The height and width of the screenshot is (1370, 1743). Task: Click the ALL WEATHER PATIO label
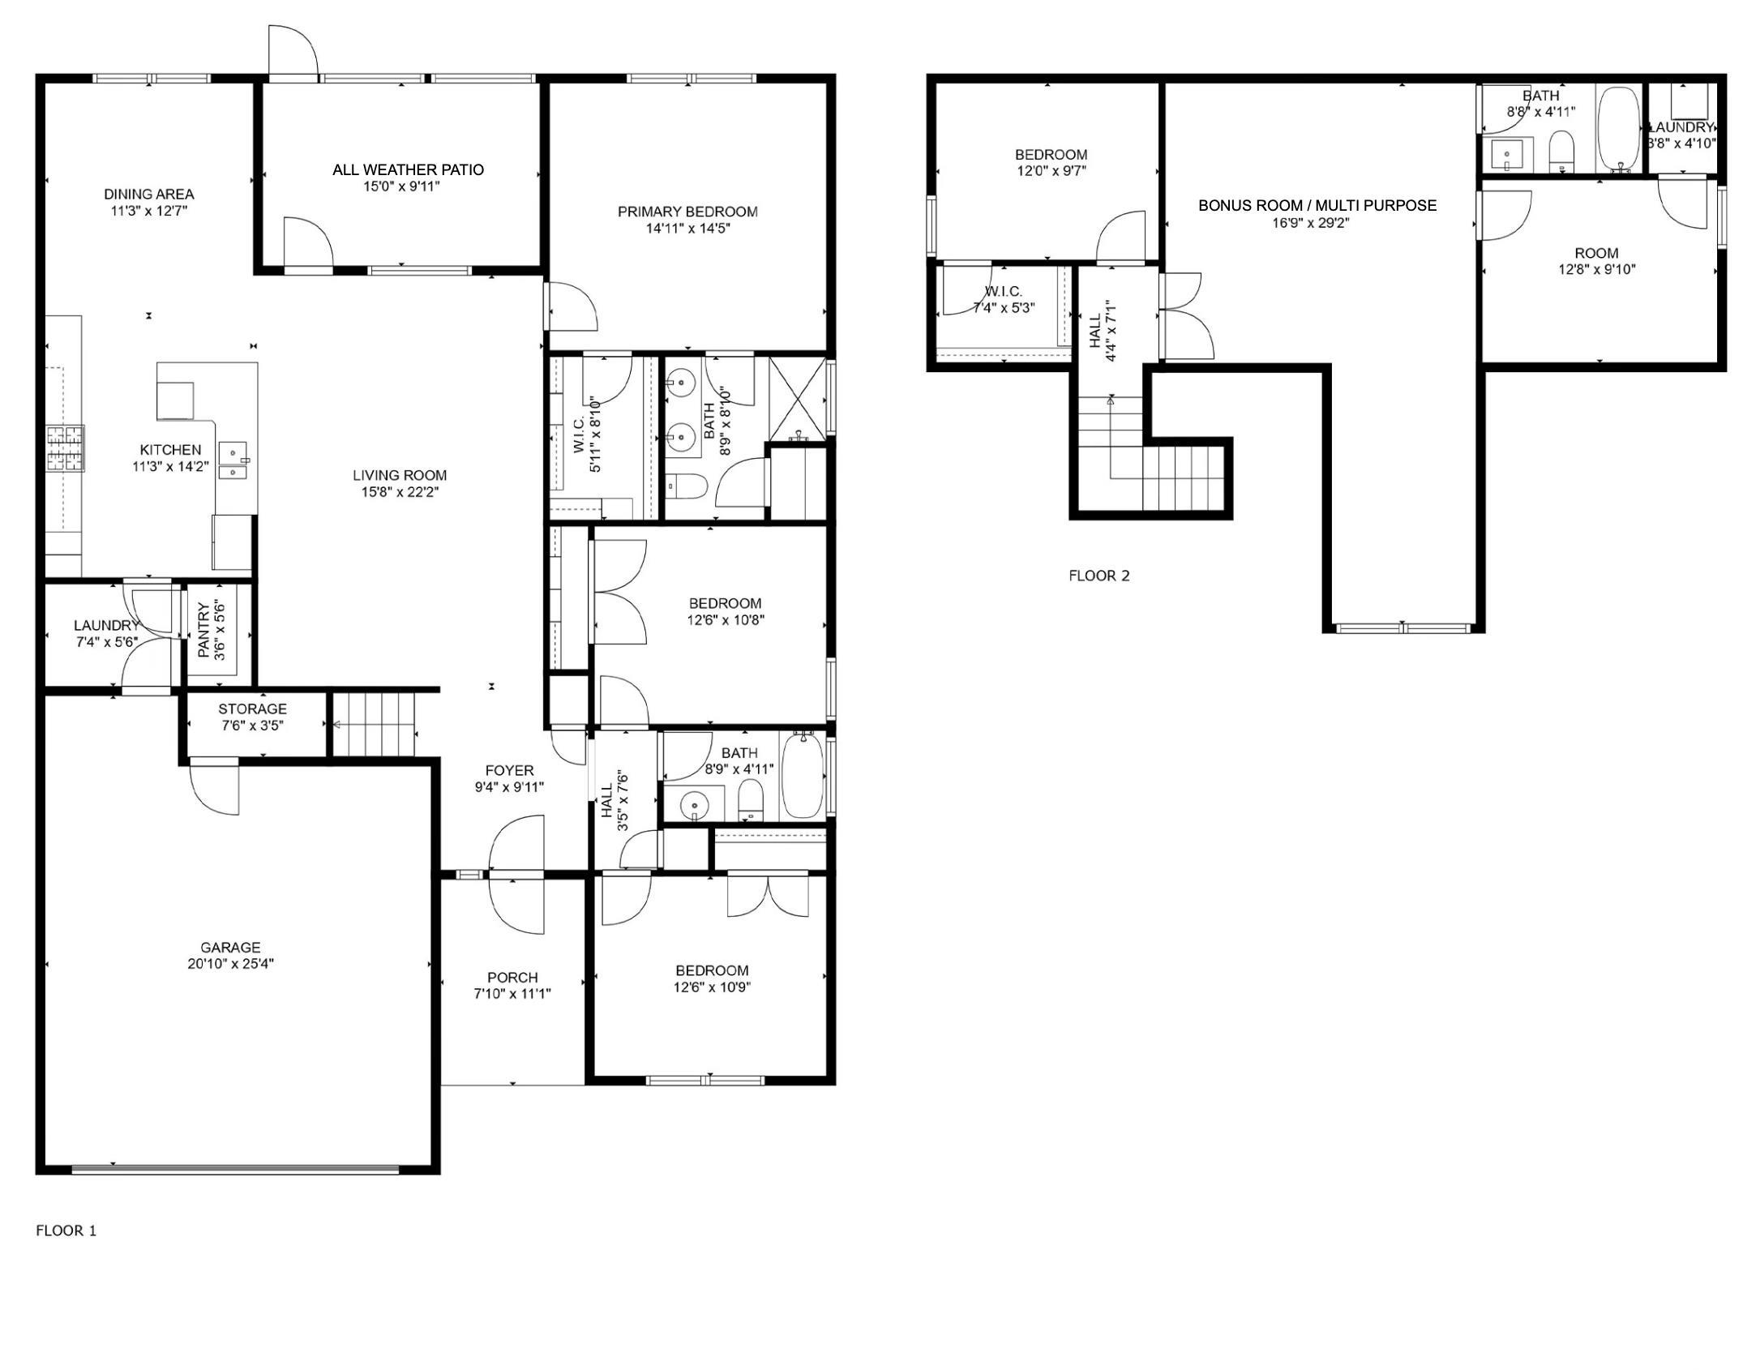tap(408, 169)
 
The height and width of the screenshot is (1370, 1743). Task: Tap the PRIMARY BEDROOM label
tap(687, 212)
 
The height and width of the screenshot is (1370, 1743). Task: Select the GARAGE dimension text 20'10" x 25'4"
tap(230, 964)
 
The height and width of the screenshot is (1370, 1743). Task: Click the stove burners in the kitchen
tap(65, 448)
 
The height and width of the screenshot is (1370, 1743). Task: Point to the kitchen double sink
tap(236, 460)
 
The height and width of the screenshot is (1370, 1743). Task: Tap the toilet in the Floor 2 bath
tap(1561, 152)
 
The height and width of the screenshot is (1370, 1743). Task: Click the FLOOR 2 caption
tap(1098, 576)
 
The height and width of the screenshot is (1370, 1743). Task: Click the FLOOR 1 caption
tap(66, 1231)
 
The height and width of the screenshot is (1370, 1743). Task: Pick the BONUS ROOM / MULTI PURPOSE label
tap(1317, 205)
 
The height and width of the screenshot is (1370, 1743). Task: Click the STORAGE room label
tap(252, 709)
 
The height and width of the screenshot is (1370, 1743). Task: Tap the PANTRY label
tap(203, 629)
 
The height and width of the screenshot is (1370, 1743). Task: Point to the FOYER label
tap(509, 770)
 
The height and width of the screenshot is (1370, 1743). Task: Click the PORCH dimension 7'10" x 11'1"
tap(512, 994)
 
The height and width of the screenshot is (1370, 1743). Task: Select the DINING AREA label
tap(149, 194)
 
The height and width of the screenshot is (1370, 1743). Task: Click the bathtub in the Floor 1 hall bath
tap(803, 775)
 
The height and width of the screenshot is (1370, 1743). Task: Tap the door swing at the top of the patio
tap(293, 51)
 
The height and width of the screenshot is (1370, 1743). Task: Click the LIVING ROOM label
tap(400, 475)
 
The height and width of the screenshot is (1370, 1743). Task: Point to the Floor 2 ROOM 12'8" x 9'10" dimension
tap(1596, 269)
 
